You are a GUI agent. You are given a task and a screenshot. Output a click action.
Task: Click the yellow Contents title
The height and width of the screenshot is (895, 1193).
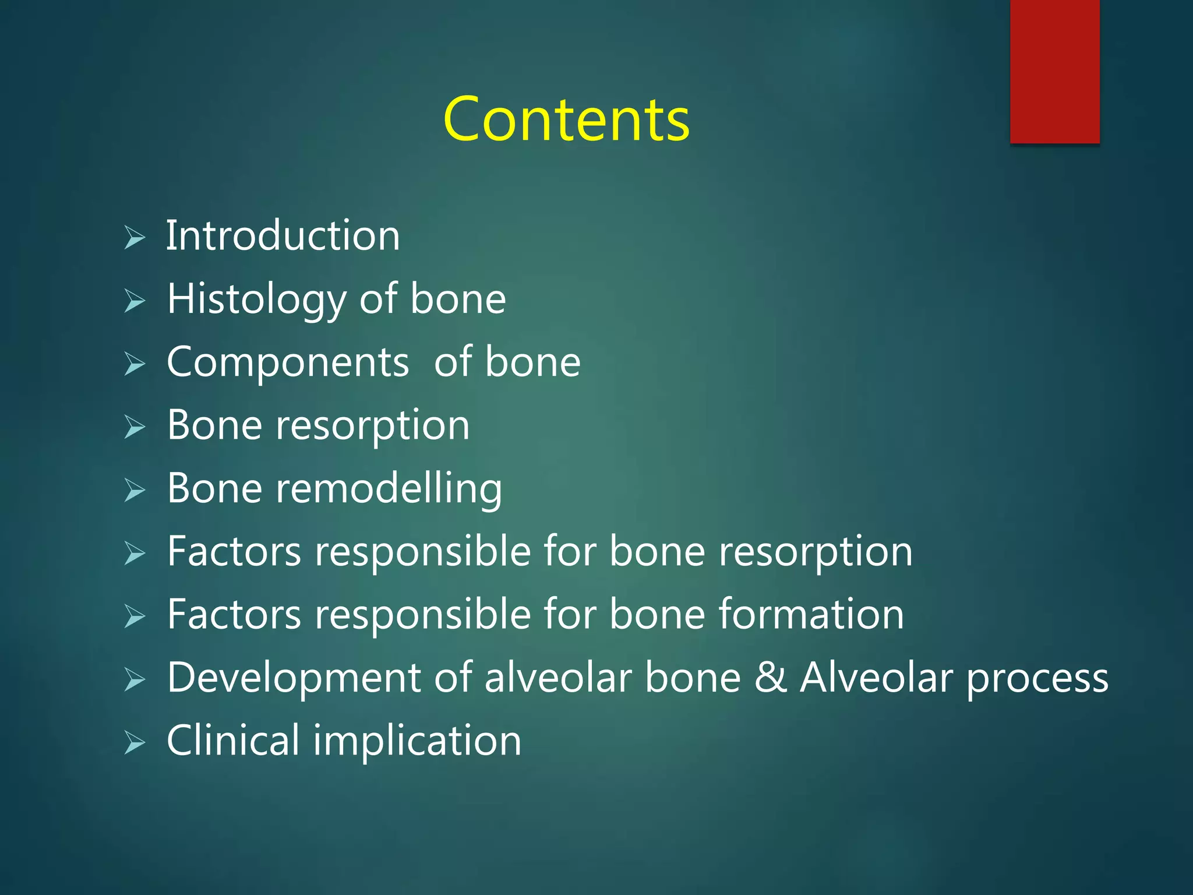pos(566,119)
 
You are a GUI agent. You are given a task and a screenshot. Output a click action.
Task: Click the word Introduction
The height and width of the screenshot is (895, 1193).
pos(283,235)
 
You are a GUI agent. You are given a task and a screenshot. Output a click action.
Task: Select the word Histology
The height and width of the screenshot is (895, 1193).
pos(256,299)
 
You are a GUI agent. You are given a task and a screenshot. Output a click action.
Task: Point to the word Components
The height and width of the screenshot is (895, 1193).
pos(288,362)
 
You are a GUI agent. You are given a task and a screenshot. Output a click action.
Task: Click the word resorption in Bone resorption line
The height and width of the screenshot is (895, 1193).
pos(373,425)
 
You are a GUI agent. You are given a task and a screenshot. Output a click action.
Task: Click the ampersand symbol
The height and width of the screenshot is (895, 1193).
pos(770,678)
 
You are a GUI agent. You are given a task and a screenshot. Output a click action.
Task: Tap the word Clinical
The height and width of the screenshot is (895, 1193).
pos(233,741)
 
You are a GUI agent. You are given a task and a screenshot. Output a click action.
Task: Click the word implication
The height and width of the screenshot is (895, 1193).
pos(417,742)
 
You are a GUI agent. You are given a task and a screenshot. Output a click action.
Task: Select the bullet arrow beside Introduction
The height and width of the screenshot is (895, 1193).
pos(135,238)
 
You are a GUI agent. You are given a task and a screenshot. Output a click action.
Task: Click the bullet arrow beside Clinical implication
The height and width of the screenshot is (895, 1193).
pos(135,744)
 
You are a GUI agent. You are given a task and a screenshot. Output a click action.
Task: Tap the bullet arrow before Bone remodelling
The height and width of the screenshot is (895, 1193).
pos(135,491)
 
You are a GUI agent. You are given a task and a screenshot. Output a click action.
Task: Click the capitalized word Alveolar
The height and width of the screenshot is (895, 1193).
pos(877,678)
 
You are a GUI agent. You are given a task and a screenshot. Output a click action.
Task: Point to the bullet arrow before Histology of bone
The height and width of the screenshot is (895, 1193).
pos(135,301)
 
